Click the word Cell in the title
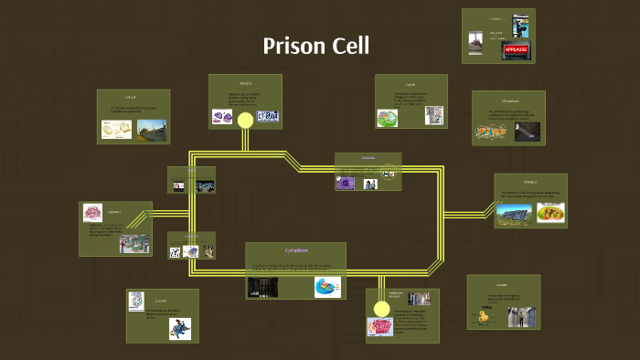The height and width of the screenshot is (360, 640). pyautogui.click(x=351, y=46)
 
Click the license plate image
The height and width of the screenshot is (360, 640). pyautogui.click(x=268, y=116)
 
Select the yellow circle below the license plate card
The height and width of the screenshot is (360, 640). pyautogui.click(x=245, y=120)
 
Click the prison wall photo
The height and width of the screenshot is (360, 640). pyautogui.click(x=152, y=131)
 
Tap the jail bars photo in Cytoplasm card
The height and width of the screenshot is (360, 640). pyautogui.click(x=262, y=287)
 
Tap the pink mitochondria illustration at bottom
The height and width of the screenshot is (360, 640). pyautogui.click(x=379, y=327)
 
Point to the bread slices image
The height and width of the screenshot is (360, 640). pyautogui.click(x=116, y=130)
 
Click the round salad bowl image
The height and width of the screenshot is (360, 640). pyautogui.click(x=550, y=213)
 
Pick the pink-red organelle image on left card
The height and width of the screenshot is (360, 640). pyautogui.click(x=93, y=213)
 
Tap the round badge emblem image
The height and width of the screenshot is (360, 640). pyautogui.click(x=136, y=301)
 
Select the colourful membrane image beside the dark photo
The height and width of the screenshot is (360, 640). pyautogui.click(x=489, y=132)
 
